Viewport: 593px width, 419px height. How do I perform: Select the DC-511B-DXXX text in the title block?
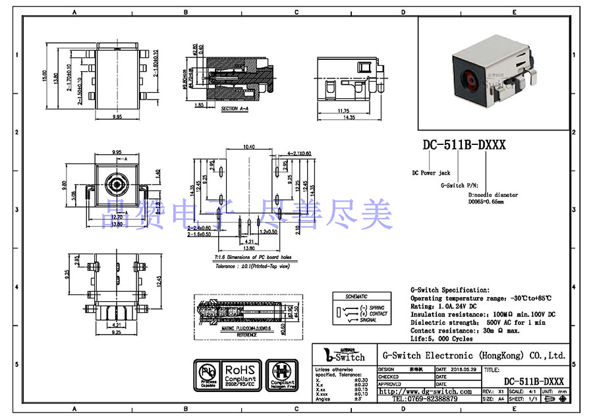534,381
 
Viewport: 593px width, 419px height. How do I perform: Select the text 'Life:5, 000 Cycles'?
441,339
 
